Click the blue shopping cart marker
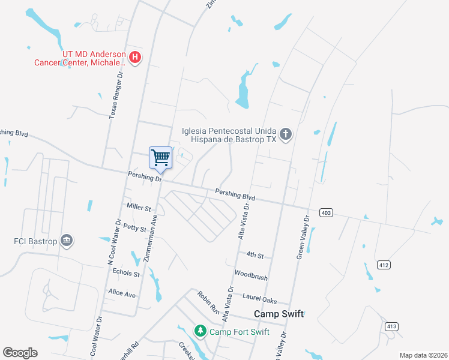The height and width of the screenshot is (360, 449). point(160,158)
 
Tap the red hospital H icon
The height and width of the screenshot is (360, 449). point(136,58)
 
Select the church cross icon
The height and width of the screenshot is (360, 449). point(286,134)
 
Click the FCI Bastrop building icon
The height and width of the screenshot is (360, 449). point(67,241)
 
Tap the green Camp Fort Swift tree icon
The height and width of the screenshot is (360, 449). point(200,331)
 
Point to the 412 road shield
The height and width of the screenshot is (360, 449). point(384,265)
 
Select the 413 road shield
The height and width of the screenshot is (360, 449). point(391,326)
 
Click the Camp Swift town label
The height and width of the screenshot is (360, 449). point(279,314)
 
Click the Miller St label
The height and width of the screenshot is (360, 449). point(139,208)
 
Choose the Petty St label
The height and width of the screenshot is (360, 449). point(134,228)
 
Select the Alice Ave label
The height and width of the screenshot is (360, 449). point(121,293)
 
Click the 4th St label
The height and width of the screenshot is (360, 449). point(255,255)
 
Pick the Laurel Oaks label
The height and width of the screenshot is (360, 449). point(259,296)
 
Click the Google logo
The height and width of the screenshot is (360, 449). point(20,353)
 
